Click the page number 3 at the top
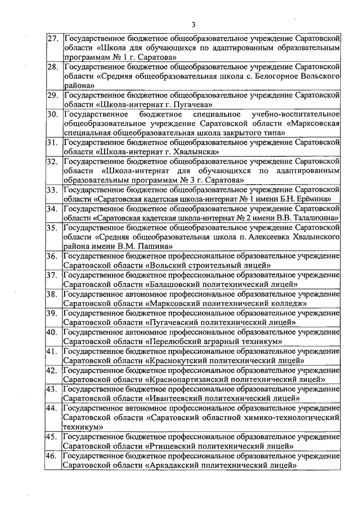tap(193, 25)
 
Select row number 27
tap(53, 39)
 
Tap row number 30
tap(53, 114)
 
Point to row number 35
tap(53, 228)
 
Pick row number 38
tap(53, 294)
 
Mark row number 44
tap(53, 408)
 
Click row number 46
tap(53, 456)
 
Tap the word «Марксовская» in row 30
tap(316, 124)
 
